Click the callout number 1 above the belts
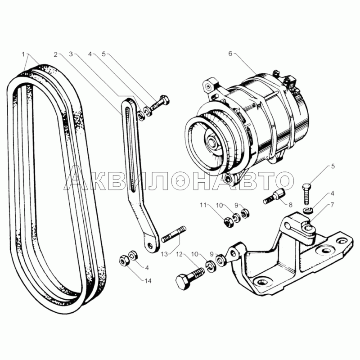click(x=23, y=54)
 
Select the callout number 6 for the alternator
click(x=230, y=54)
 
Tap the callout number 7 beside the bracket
click(x=333, y=205)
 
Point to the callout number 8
click(x=290, y=205)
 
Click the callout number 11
click(x=203, y=205)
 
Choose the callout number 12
click(x=179, y=254)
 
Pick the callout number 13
click(x=164, y=254)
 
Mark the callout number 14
click(x=148, y=281)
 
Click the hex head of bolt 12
click(x=183, y=282)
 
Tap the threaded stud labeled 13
click(x=174, y=234)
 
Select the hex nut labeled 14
click(x=125, y=261)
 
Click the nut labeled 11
click(x=228, y=222)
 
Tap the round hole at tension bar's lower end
click(x=150, y=245)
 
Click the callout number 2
click(x=56, y=54)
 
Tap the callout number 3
click(x=71, y=54)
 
